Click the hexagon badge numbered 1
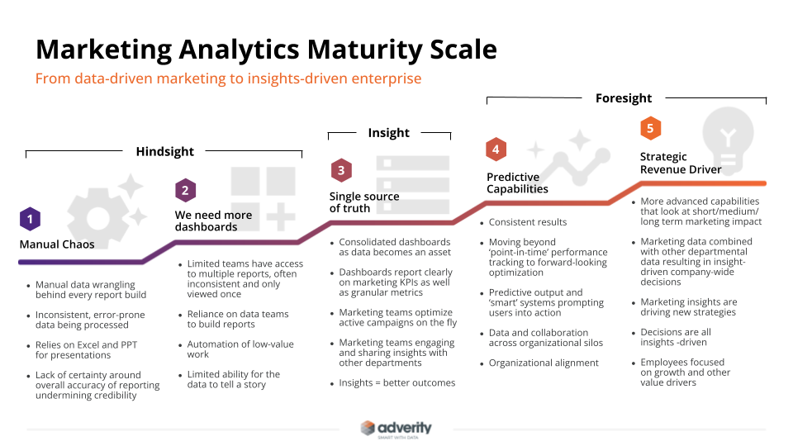30,219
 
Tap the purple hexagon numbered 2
185,190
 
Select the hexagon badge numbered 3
340,171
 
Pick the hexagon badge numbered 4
496,149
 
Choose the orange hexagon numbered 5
650,129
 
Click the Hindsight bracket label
165,151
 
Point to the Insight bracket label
389,133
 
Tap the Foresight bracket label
624,98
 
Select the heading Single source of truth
364,202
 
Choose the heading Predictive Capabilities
517,183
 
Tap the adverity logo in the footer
396,428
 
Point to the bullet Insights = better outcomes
397,383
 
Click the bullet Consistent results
528,222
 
